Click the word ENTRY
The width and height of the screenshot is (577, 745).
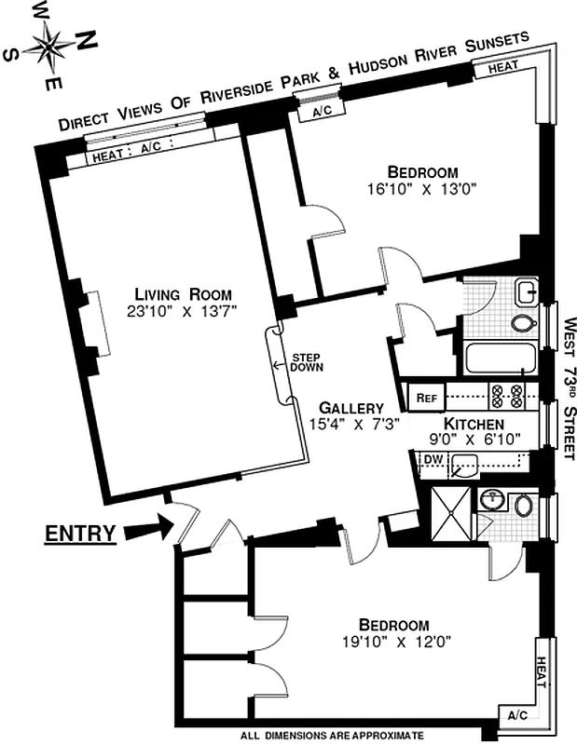(x=81, y=534)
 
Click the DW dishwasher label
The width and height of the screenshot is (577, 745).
(x=433, y=459)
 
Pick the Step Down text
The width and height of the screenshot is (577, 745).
(x=307, y=361)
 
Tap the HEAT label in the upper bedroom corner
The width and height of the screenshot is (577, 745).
(x=503, y=67)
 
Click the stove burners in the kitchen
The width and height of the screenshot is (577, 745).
(x=511, y=396)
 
